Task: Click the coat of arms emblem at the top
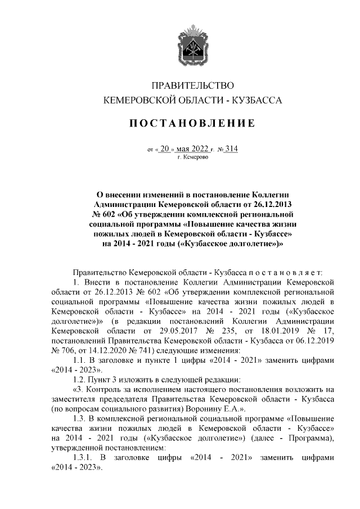tap(193, 41)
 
